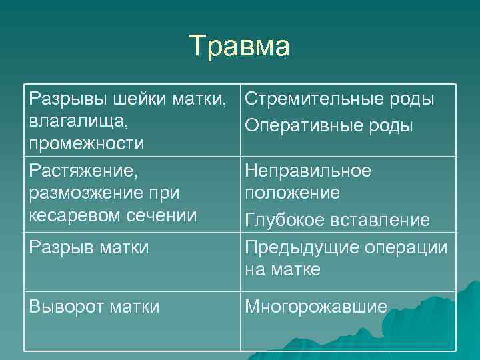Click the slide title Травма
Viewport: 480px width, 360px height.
click(240, 47)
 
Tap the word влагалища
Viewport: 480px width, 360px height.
click(79, 122)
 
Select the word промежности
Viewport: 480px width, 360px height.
click(87, 143)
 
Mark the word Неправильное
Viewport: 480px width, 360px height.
click(308, 171)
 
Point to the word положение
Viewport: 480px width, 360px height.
click(292, 193)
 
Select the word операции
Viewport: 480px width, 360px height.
click(406, 247)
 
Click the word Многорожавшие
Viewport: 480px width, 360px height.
click(316, 307)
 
